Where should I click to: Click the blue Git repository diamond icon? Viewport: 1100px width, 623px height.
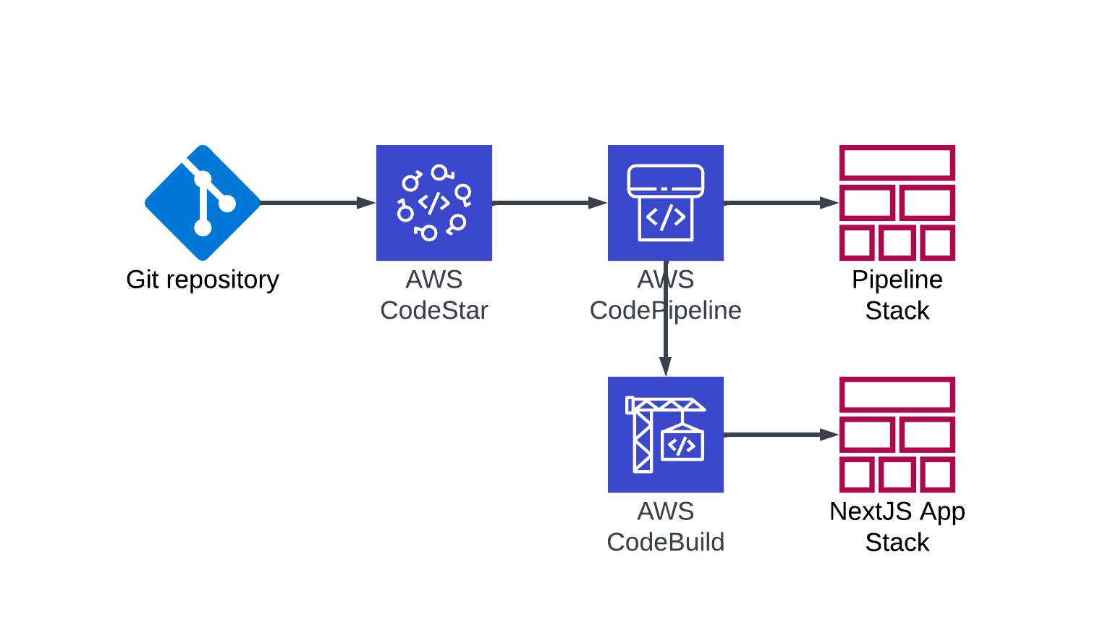pyautogui.click(x=203, y=203)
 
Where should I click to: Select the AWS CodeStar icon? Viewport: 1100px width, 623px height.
pyautogui.click(x=434, y=203)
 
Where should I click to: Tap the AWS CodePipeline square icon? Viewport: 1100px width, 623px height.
pyautogui.click(x=665, y=203)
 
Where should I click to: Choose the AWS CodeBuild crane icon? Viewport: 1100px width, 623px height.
pyautogui.click(x=665, y=435)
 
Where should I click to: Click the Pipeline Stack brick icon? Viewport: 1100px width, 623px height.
pyautogui.click(x=897, y=203)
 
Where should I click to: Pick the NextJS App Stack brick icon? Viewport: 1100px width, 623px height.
pyautogui.click(x=897, y=435)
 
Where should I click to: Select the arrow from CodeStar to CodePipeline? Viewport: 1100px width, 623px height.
pyautogui.click(x=550, y=203)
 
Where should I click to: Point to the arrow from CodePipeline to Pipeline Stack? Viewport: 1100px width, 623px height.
pyautogui.click(x=782, y=203)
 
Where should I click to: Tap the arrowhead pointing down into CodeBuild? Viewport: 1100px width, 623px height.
pyautogui.click(x=665, y=367)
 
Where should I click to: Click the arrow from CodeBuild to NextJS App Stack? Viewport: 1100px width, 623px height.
pyautogui.click(x=782, y=435)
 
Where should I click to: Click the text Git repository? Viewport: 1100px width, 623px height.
pyautogui.click(x=203, y=280)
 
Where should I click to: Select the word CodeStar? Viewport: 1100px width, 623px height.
pyautogui.click(x=434, y=311)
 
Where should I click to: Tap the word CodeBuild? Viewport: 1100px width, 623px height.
pyautogui.click(x=665, y=543)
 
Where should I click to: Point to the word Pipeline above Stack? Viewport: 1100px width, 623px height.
pyautogui.click(x=897, y=280)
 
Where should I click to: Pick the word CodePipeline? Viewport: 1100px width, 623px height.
pyautogui.click(x=665, y=311)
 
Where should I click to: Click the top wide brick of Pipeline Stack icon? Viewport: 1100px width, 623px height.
pyautogui.click(x=897, y=163)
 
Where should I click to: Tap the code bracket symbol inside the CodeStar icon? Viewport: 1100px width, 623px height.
pyautogui.click(x=434, y=203)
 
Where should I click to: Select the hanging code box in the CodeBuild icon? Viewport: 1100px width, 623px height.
pyautogui.click(x=682, y=445)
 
